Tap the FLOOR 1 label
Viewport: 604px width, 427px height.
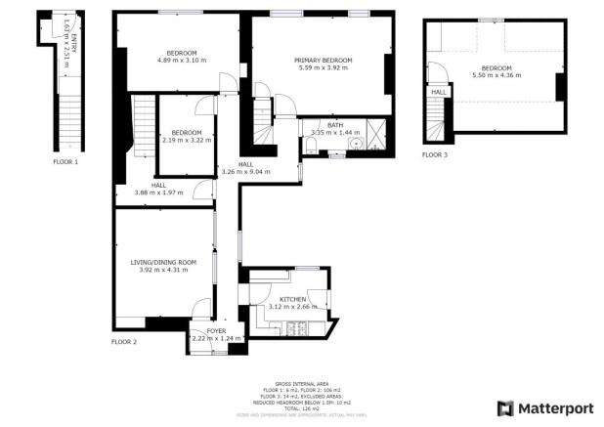pyautogui.click(x=65, y=161)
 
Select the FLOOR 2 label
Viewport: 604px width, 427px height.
pyautogui.click(x=123, y=342)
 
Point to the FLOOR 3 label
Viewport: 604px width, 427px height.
pyautogui.click(x=435, y=154)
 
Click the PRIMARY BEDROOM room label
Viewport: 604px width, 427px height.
pyautogui.click(x=324, y=60)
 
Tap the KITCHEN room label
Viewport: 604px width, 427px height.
pyautogui.click(x=293, y=298)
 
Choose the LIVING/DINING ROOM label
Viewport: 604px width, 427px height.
pyautogui.click(x=164, y=261)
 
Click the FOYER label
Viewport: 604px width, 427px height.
pyautogui.click(x=216, y=331)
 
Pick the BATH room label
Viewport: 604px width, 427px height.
pyautogui.click(x=335, y=124)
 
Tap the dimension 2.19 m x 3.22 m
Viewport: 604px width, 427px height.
pyautogui.click(x=186, y=140)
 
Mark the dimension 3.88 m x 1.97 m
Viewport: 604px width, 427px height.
pyautogui.click(x=159, y=192)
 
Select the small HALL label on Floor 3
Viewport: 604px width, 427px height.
pyautogui.click(x=439, y=92)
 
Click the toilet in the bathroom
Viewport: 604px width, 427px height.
pyautogui.click(x=310, y=147)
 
